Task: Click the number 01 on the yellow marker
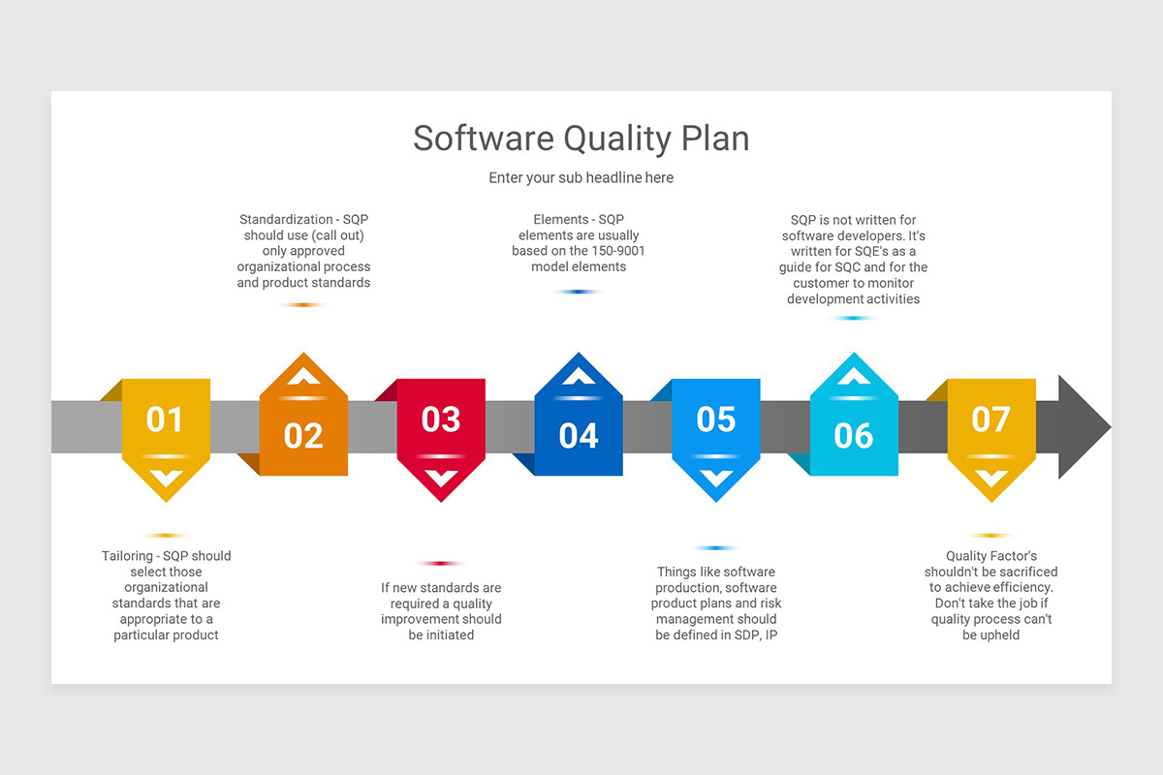coord(165,419)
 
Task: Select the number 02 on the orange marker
coord(303,436)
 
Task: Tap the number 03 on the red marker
coord(441,419)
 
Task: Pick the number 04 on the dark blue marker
coord(579,436)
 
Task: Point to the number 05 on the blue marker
coord(716,419)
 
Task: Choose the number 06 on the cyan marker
coord(854,436)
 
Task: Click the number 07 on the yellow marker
coord(991,419)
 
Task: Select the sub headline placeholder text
coord(581,178)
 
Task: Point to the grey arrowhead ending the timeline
coord(1084,426)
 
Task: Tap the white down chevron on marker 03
coord(442,478)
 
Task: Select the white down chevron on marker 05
coord(716,478)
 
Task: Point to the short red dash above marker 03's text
coord(441,563)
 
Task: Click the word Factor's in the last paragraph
coord(1014,556)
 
